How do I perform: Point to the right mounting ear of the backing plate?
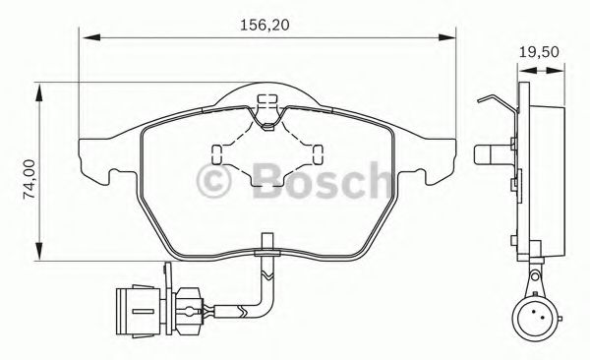coord(444,163)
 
